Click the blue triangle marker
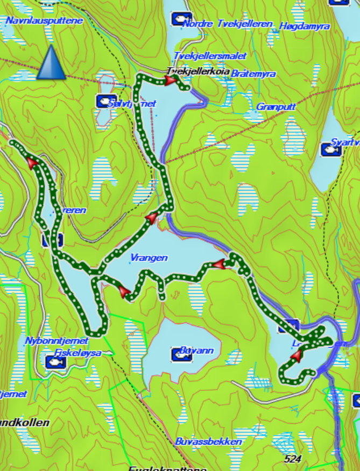click(x=51, y=62)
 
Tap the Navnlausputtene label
click(x=44, y=21)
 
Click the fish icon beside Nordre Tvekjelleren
click(x=182, y=19)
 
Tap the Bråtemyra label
click(x=253, y=74)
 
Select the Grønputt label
click(x=276, y=107)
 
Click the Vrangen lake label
click(x=149, y=258)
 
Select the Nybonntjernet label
click(x=57, y=341)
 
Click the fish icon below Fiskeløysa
click(x=54, y=363)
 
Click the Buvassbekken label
click(x=208, y=441)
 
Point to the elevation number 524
click(x=293, y=459)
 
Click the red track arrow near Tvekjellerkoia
click(x=171, y=81)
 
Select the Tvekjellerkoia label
click(x=198, y=71)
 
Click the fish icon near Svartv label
click(x=331, y=149)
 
